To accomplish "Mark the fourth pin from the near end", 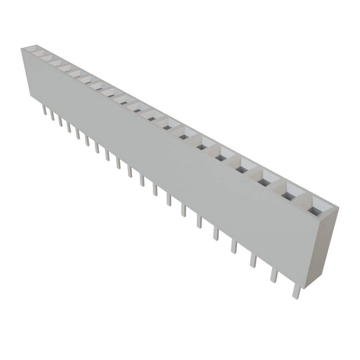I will click(x=234, y=246).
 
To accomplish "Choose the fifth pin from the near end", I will click(x=216, y=233).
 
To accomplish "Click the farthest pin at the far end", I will click(x=44, y=110).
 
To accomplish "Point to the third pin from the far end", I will click(x=61, y=122).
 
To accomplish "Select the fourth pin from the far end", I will click(x=69, y=128).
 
